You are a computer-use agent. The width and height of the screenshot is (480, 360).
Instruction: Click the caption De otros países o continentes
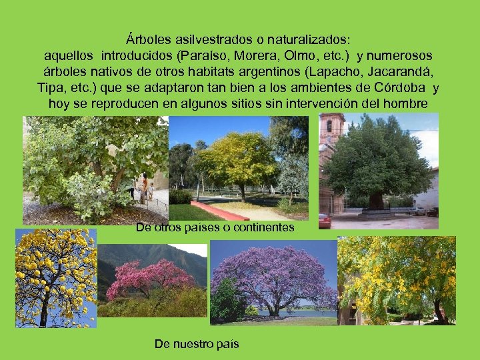pyautogui.click(x=215, y=227)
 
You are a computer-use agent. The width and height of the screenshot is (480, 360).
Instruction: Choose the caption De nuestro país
pyautogui.click(x=196, y=344)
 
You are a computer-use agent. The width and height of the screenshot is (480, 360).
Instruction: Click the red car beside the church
pyautogui.click(x=325, y=220)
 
